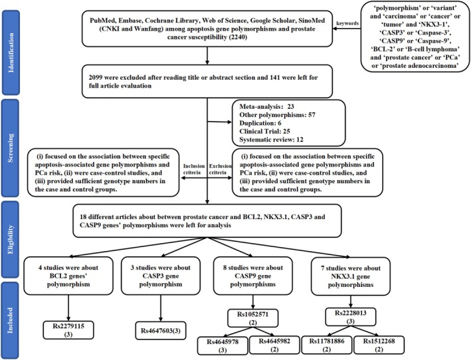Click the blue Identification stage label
[x=11, y=52]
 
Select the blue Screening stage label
[x=11, y=148]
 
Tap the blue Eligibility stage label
[x=11, y=239]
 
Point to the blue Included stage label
[x=11, y=320]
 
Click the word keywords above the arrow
[x=347, y=23]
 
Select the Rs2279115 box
[x=68, y=330]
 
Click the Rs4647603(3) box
[x=161, y=331]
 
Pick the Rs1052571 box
[x=252, y=318]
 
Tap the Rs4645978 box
[x=223, y=345]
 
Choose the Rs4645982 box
[x=274, y=345]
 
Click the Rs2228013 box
[x=351, y=317]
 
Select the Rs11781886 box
[x=327, y=345]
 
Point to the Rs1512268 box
[x=379, y=345]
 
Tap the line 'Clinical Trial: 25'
[x=264, y=132]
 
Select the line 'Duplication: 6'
[x=260, y=123]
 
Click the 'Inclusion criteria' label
[x=194, y=169]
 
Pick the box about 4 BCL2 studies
[x=68, y=276]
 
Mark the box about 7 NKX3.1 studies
[x=351, y=276]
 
